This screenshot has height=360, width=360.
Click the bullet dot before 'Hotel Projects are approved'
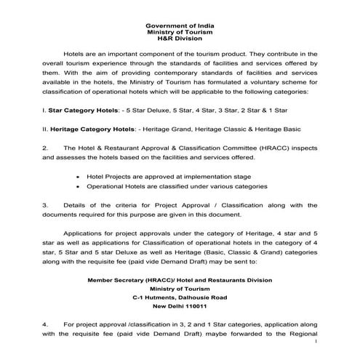click(79, 176)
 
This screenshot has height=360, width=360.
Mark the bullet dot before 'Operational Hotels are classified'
click(79, 186)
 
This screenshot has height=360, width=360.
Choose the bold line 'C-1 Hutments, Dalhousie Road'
click(179, 297)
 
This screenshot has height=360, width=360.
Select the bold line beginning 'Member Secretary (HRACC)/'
click(179, 279)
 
